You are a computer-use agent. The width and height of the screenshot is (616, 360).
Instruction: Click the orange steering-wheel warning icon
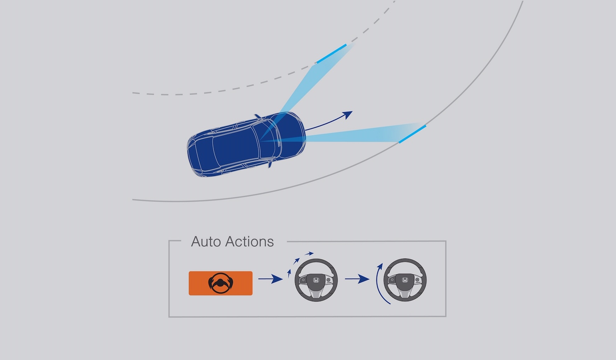tap(221, 283)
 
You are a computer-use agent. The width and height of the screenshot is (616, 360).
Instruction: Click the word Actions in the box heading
tap(249, 242)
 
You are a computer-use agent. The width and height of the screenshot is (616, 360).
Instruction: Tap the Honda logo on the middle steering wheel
tap(316, 280)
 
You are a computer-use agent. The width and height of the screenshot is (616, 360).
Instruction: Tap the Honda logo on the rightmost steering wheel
tap(405, 280)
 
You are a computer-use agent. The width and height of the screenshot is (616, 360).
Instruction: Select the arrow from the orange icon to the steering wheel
tap(271, 279)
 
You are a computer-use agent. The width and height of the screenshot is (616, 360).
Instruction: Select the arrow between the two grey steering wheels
tap(357, 279)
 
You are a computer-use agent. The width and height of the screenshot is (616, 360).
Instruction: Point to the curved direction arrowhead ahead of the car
tap(347, 115)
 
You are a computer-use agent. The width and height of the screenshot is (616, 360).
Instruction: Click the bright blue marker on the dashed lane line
tap(331, 54)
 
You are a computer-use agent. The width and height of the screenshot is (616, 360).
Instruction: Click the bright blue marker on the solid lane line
tap(412, 134)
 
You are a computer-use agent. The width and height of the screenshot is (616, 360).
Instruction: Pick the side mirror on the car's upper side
tap(258, 117)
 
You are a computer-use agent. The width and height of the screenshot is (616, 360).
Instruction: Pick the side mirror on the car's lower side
tap(270, 164)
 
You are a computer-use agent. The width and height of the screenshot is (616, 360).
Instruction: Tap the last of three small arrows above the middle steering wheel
tap(309, 254)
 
